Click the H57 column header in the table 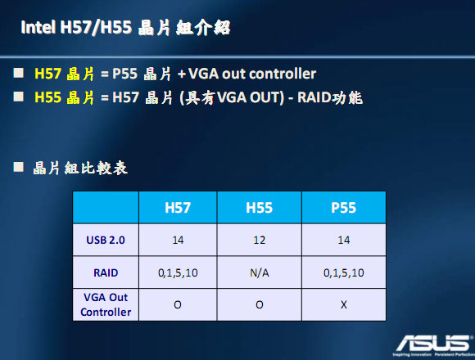pos(178,208)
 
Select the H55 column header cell pos(260,208)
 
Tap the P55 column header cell pos(343,208)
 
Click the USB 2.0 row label pos(105,241)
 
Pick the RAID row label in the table pos(105,272)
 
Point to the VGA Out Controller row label pos(105,304)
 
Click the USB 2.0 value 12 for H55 pos(260,241)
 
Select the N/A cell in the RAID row pos(260,272)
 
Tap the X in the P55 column pos(343,304)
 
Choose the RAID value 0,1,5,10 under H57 pos(178,272)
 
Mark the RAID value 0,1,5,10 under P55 pos(343,272)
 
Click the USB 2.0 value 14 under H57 pos(178,241)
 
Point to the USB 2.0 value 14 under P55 pos(343,241)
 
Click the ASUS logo pos(427,341)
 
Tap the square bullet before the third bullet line pos(20,168)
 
